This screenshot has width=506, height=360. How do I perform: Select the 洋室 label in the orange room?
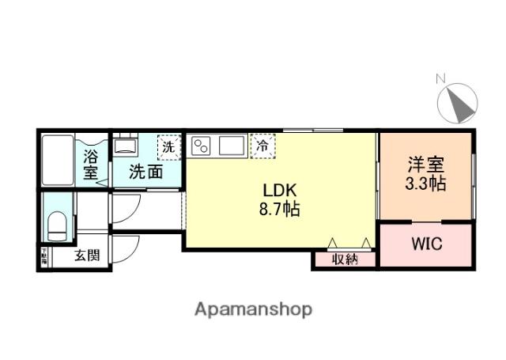(x=426, y=165)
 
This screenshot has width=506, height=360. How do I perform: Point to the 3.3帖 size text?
(x=426, y=184)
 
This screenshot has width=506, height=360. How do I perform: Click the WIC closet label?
(x=426, y=244)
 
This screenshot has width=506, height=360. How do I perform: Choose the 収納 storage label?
(x=345, y=259)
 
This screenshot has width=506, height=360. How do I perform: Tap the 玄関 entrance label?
(x=87, y=256)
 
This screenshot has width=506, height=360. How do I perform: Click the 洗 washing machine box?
(x=168, y=146)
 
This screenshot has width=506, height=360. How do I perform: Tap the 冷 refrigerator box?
(x=263, y=146)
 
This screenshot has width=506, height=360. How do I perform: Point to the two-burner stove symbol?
(x=202, y=146)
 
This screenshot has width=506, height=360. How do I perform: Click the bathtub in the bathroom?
(x=58, y=158)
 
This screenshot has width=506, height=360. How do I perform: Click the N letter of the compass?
(x=441, y=78)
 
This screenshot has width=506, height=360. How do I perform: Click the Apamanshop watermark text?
(x=253, y=309)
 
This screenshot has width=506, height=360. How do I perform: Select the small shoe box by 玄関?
(x=44, y=256)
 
